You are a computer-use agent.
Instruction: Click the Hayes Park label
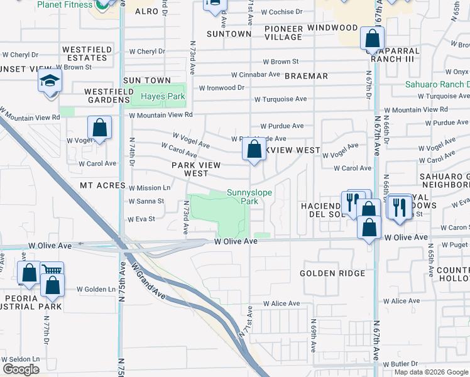click(163, 96)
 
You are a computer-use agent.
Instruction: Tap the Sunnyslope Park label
click(249, 197)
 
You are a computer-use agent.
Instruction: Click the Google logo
click(20, 369)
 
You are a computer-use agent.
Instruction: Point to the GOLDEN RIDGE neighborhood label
click(332, 273)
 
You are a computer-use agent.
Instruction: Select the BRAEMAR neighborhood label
click(306, 76)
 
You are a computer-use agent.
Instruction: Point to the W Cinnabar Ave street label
click(255, 74)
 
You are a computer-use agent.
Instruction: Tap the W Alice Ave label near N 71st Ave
click(281, 303)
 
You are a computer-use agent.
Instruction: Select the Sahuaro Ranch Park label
click(440, 84)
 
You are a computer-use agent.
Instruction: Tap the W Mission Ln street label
click(150, 188)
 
